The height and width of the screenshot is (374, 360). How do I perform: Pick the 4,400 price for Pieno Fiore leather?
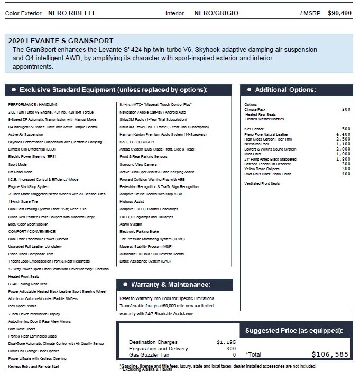[x=343, y=134]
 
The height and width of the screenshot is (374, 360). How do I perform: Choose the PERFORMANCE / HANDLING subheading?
[x=33, y=105]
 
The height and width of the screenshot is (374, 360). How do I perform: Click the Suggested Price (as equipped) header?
[x=294, y=331]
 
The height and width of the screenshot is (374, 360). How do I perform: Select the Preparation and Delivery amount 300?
[x=231, y=349]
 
